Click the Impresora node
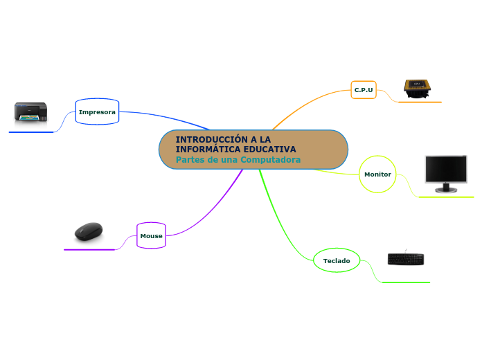(97, 111)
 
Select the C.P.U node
(364, 90)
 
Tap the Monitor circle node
(377, 174)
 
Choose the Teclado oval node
(337, 260)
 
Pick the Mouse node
(151, 236)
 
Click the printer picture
(31, 112)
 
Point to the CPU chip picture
(417, 87)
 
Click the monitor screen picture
(445, 169)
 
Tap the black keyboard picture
(406, 260)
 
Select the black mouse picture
(89, 231)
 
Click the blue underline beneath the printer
(31, 132)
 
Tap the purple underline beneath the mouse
(89, 249)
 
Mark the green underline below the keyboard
(406, 282)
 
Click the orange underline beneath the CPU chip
(420, 102)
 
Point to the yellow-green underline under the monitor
(447, 197)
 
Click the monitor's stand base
(445, 190)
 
